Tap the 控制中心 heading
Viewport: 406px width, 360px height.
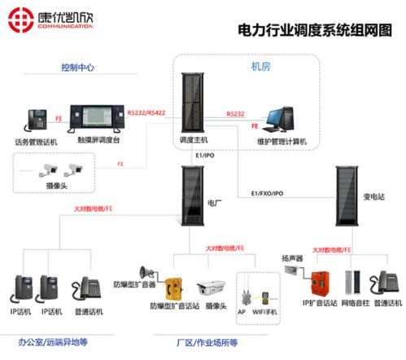click(x=79, y=68)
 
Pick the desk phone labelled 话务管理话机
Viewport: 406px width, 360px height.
click(x=37, y=121)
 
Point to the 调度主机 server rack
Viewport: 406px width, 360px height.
click(x=196, y=102)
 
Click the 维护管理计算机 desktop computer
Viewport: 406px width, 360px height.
click(x=282, y=118)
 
